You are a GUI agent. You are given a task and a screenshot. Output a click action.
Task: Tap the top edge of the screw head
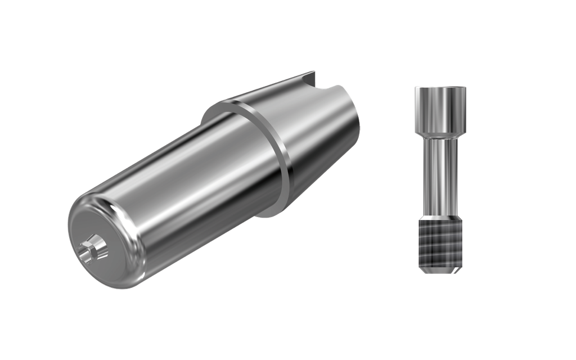[x=439, y=87]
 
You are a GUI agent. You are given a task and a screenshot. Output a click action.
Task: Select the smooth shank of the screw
[x=439, y=174]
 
